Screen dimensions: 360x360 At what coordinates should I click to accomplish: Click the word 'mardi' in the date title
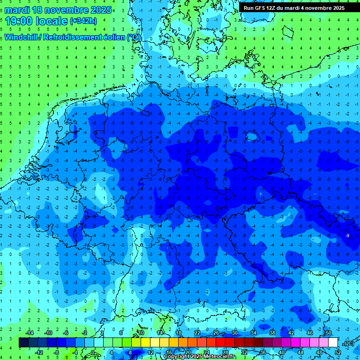[17, 10]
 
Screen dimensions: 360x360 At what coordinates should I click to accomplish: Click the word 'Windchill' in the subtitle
[22, 37]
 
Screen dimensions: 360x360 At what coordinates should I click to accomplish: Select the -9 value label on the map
[347, 235]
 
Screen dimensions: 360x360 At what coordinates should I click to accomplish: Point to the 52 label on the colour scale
[338, 352]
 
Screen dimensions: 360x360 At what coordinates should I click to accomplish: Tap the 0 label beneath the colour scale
[93, 352]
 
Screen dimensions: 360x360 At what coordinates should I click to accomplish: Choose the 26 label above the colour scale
[216, 333]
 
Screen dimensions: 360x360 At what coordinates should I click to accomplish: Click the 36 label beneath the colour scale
[263, 352]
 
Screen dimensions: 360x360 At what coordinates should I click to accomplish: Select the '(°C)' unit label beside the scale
[349, 343]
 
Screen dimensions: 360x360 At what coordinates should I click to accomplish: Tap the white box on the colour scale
[333, 343]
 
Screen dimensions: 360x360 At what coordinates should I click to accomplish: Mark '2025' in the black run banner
[337, 8]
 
